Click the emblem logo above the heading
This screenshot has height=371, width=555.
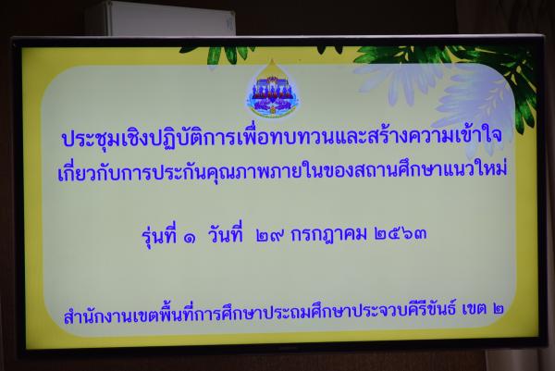[272, 89]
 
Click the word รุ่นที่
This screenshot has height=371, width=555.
[159, 236]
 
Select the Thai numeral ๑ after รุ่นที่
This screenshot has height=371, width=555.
[190, 239]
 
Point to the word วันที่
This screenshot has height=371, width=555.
[226, 234]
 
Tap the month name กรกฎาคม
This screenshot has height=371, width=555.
[328, 235]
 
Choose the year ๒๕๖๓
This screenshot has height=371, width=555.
[401, 234]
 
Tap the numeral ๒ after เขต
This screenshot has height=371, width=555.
[499, 309]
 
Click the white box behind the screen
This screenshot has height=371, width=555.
[160, 19]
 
